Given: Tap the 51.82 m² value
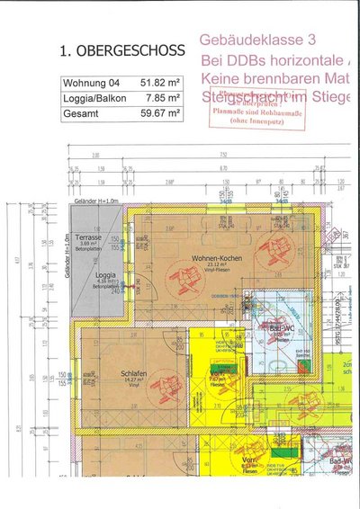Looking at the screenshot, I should pos(157,84).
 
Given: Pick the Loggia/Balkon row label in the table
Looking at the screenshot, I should pos(94,99).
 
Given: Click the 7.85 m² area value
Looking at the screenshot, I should pos(159,99).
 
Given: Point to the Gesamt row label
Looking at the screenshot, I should pos(79,114).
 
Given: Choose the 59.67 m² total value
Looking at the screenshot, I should pos(157,114).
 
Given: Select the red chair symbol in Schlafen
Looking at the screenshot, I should pos(166,388).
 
